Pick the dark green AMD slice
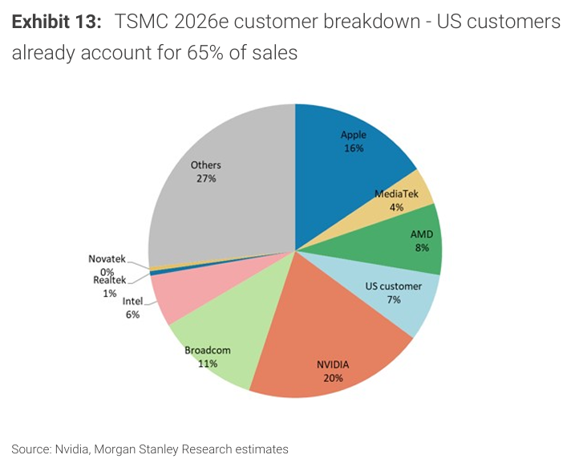pos(413,241)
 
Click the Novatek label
pos(107,259)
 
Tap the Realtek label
pos(109,280)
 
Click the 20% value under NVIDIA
pos(333,378)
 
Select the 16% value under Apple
pos(354,148)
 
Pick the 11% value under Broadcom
pos(208,363)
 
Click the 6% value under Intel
pos(132,315)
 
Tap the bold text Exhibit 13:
pos(56,22)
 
